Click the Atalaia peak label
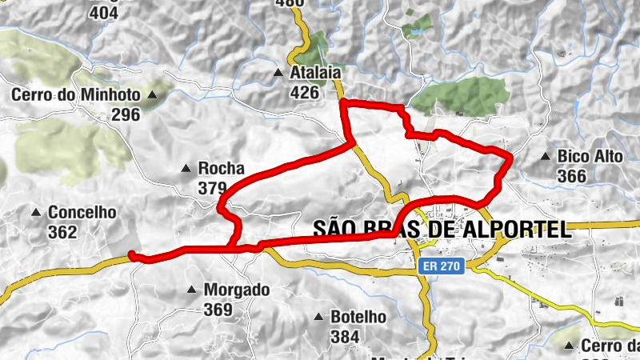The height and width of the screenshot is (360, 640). [x=318, y=74]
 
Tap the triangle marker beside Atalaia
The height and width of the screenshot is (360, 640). [x=278, y=74]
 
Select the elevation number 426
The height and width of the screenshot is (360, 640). [x=305, y=93]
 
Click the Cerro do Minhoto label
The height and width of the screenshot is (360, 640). [x=75, y=95]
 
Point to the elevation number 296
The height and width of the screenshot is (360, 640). [x=126, y=114]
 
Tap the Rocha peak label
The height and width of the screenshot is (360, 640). [x=221, y=169]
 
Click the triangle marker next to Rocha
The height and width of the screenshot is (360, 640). [x=186, y=169]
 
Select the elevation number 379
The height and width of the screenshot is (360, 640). [x=213, y=188]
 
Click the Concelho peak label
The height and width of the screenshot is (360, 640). [x=82, y=213]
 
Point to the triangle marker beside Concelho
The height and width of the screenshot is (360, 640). [x=36, y=213]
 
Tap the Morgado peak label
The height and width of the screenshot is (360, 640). [x=237, y=290]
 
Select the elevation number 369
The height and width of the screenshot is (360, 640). [x=218, y=309]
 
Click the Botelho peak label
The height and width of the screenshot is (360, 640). [x=358, y=317]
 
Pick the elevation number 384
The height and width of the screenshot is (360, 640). [x=345, y=336]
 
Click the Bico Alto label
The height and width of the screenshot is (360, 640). [x=590, y=157]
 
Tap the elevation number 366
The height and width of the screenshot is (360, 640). [x=572, y=176]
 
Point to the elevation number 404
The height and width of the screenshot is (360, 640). [x=103, y=13]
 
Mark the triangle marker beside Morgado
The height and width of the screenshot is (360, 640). [x=191, y=290]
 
